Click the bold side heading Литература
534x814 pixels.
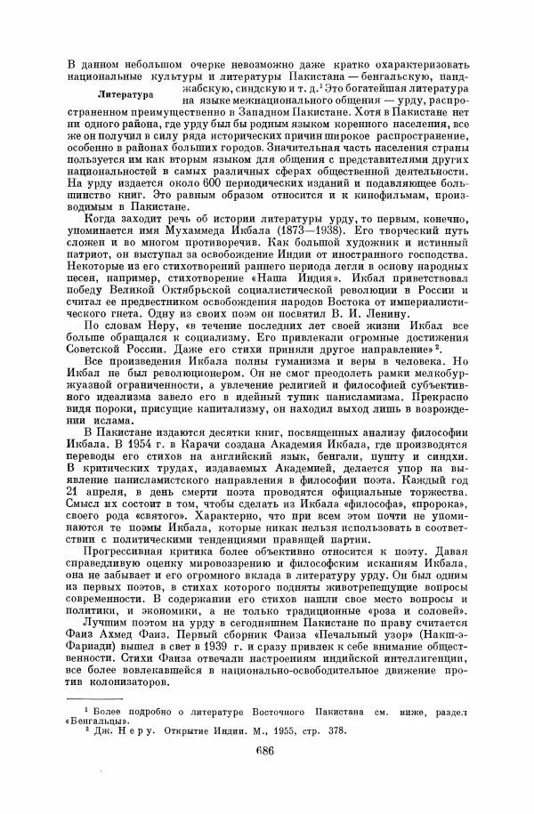125,93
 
